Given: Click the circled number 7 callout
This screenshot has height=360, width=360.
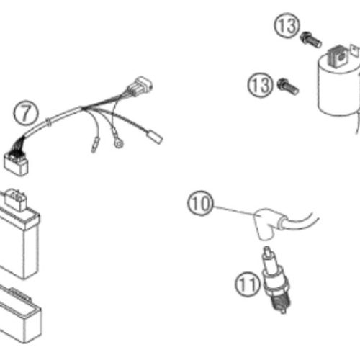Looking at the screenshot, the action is pyautogui.click(x=26, y=112).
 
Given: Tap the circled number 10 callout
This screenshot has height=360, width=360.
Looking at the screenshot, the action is pyautogui.click(x=200, y=203).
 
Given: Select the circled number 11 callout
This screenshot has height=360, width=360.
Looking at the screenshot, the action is pyautogui.click(x=248, y=284).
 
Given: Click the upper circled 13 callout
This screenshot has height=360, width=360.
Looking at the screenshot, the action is pyautogui.click(x=287, y=25).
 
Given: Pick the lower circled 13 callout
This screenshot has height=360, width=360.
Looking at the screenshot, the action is pyautogui.click(x=261, y=85).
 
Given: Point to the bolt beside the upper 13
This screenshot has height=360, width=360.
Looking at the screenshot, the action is pyautogui.click(x=310, y=40).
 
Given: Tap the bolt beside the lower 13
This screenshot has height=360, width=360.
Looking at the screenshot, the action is pyautogui.click(x=288, y=87).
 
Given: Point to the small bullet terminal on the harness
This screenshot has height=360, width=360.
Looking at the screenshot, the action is pyautogui.click(x=94, y=145).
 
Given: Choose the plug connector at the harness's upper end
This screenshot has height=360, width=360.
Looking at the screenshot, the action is pyautogui.click(x=140, y=86).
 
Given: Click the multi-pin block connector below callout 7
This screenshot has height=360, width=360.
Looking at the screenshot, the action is pyautogui.click(x=16, y=163).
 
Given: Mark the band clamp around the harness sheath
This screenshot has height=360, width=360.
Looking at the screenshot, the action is pyautogui.click(x=49, y=122).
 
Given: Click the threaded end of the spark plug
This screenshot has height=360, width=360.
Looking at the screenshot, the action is pyautogui.click(x=279, y=303).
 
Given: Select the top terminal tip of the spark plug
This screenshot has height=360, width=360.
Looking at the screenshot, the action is pyautogui.click(x=266, y=251).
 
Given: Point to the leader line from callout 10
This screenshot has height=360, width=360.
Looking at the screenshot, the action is pyautogui.click(x=233, y=210).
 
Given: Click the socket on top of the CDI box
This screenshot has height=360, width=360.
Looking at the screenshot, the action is pyautogui.click(x=15, y=199).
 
